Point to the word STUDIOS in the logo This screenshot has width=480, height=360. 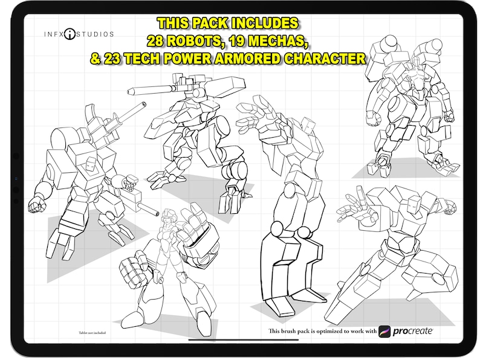(x=96, y=34)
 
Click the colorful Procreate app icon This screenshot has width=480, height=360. (x=385, y=331)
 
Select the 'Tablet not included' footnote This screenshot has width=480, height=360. (x=91, y=332)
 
